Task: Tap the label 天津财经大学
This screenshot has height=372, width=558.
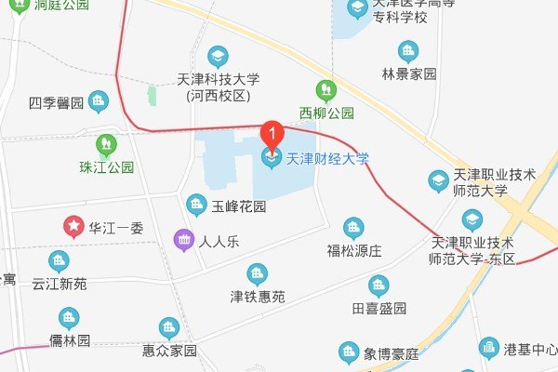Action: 326,159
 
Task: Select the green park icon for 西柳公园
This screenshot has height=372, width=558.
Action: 325,90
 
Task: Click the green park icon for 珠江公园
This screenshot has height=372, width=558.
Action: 106,144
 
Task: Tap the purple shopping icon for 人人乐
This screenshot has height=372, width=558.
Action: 184,241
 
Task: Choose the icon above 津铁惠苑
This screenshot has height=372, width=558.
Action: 257,273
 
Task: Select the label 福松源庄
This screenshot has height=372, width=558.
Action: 354,251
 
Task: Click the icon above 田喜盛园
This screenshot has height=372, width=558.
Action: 378,285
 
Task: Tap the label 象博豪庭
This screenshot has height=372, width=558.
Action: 395,353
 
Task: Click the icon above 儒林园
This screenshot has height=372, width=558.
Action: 70,318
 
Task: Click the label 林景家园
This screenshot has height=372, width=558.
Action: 408,74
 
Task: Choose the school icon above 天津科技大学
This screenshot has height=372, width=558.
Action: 218,56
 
